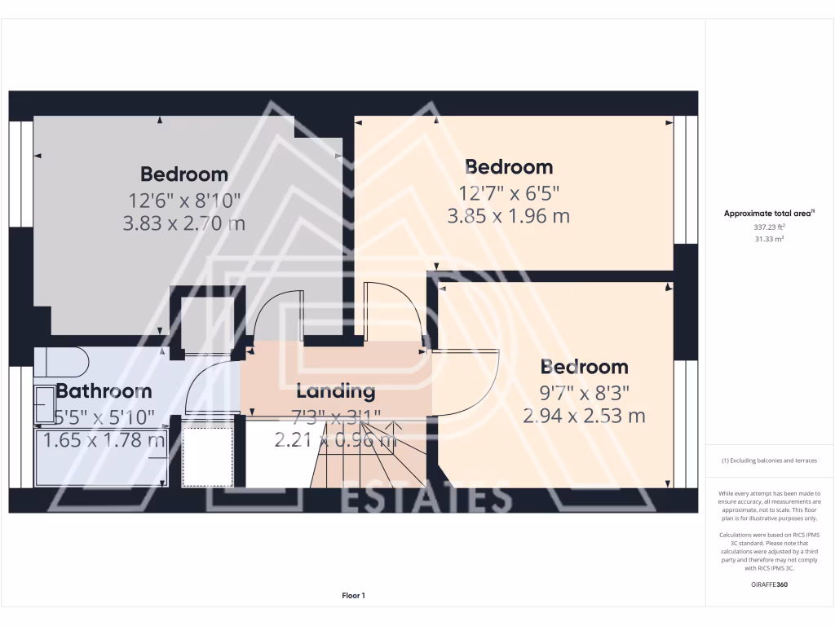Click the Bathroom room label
click(x=104, y=391)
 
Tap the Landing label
click(x=335, y=391)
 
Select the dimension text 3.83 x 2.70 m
click(x=183, y=223)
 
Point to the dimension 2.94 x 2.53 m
click(x=584, y=416)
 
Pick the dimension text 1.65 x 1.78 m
click(x=104, y=440)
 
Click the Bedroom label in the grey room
click(x=183, y=174)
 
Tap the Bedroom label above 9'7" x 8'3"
click(x=584, y=367)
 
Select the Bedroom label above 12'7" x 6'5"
click(x=509, y=167)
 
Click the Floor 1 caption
click(x=353, y=596)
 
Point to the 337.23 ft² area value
click(x=770, y=227)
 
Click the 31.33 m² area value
click(x=770, y=239)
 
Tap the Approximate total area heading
click(x=770, y=214)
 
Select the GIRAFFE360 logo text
click(x=770, y=584)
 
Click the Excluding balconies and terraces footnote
click(x=770, y=461)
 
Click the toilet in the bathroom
click(x=60, y=359)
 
